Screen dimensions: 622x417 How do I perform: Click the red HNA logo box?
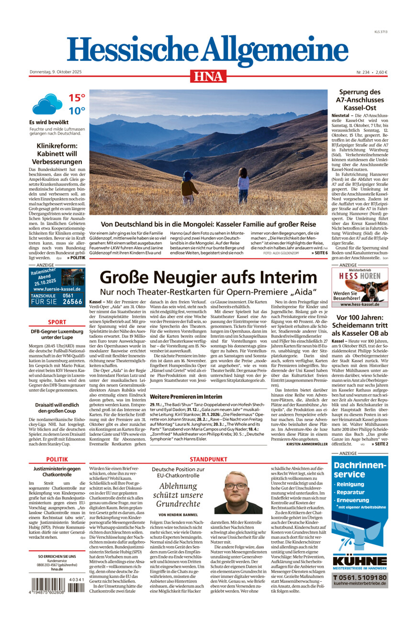pos(208,76)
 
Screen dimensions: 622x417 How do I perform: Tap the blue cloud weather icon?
pos(47,104)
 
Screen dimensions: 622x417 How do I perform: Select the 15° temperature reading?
pos(77,98)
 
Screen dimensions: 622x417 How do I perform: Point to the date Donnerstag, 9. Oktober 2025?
pos(56,72)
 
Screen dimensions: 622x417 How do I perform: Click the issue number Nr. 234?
pos(363,72)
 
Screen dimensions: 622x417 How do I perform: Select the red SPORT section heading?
pos(57,322)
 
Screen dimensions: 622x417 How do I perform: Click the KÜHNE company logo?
pos(360,561)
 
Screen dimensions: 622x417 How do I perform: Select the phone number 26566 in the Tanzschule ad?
pos(72,302)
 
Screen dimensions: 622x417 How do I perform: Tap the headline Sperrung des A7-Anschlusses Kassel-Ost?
pos(360,100)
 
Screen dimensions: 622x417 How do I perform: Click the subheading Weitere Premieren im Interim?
pos(186,397)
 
